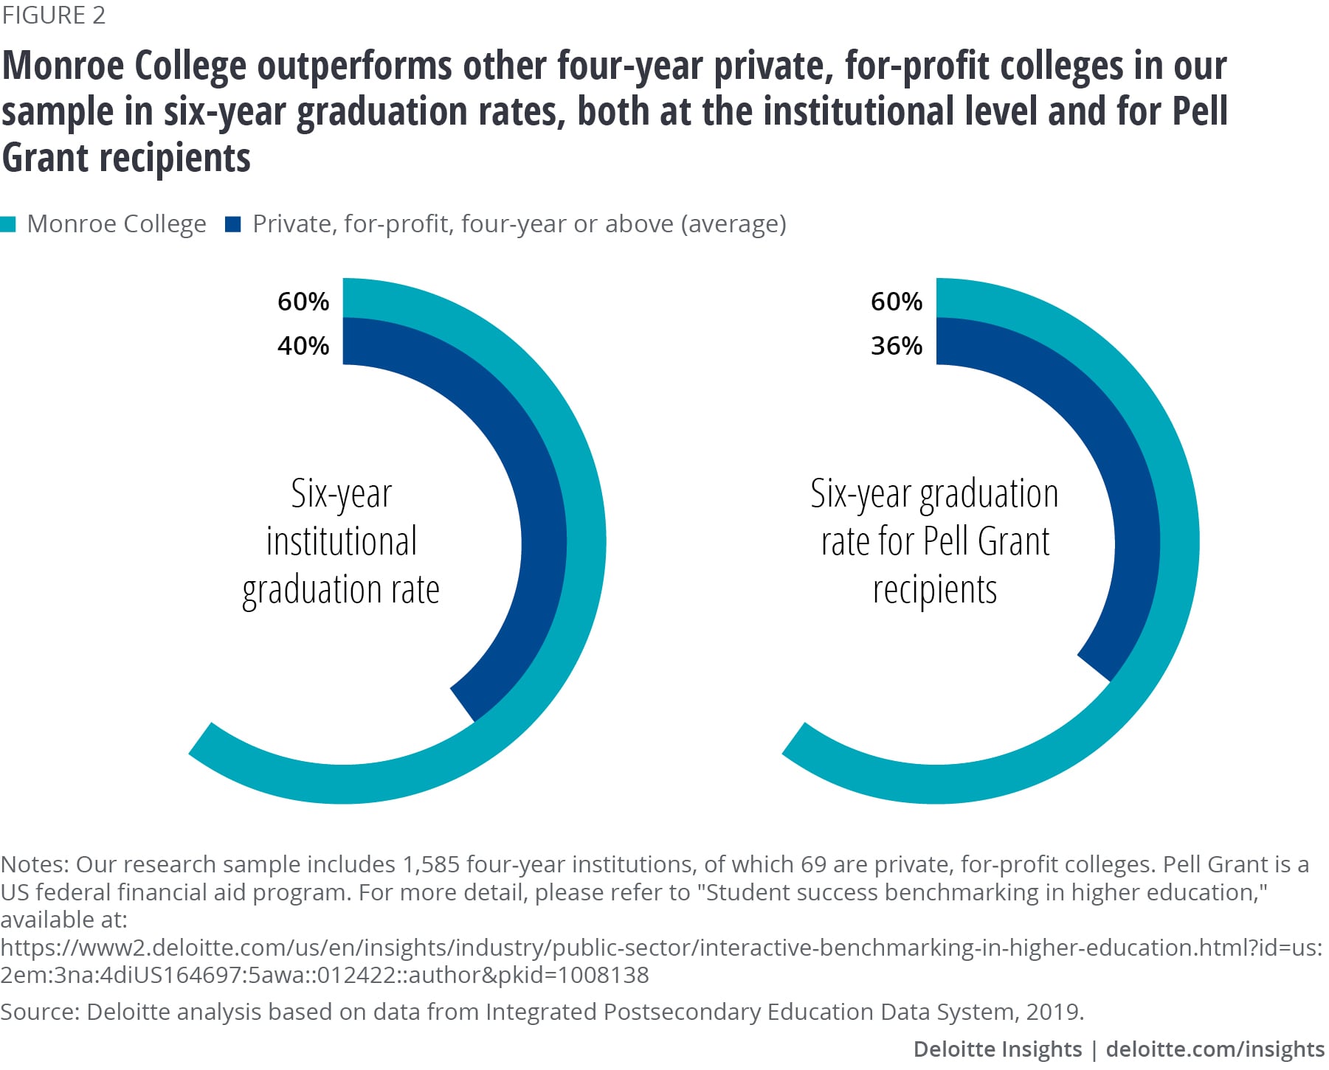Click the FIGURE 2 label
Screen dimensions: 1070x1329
pyautogui.click(x=54, y=15)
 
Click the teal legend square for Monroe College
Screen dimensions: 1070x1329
pyautogui.click(x=8, y=224)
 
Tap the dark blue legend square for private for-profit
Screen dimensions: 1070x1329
pyautogui.click(x=233, y=224)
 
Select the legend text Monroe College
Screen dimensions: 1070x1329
pyautogui.click(x=117, y=224)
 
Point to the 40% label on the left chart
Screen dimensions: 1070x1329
pyautogui.click(x=303, y=346)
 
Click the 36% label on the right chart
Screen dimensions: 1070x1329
pyautogui.click(x=897, y=346)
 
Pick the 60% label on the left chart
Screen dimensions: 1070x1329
pyautogui.click(x=303, y=302)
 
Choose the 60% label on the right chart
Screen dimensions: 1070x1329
pyautogui.click(x=897, y=302)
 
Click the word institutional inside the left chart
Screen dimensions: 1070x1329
pyautogui.click(x=342, y=542)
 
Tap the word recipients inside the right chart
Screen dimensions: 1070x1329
pyautogui.click(x=935, y=590)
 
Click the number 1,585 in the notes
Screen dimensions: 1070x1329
pyautogui.click(x=431, y=864)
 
